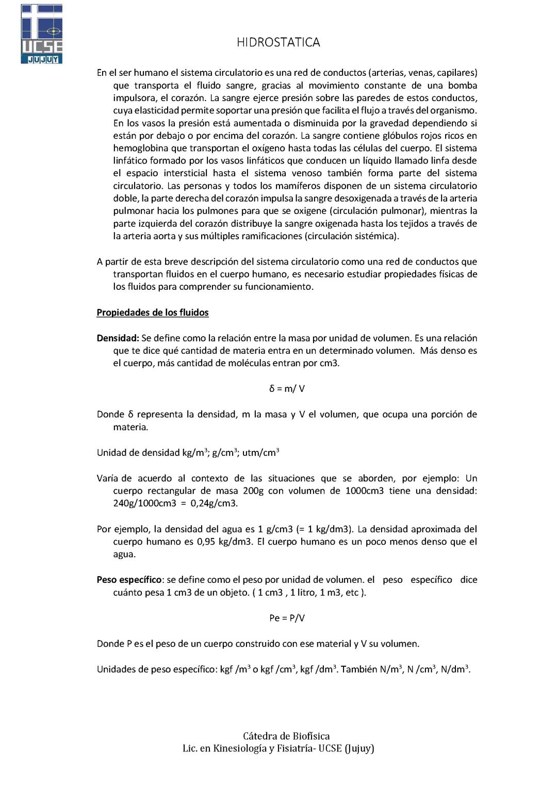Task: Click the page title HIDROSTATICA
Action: pos(278,42)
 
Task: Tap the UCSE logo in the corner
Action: pos(42,34)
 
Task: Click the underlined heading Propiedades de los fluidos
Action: pos(153,313)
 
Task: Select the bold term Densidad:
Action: pos(118,338)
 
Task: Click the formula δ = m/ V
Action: pos(287,389)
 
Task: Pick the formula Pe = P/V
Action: pos(287,618)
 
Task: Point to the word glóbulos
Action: pos(401,136)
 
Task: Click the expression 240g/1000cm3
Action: pos(145,503)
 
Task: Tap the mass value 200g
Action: pos(253,490)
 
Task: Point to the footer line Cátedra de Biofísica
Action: pos(286,736)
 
